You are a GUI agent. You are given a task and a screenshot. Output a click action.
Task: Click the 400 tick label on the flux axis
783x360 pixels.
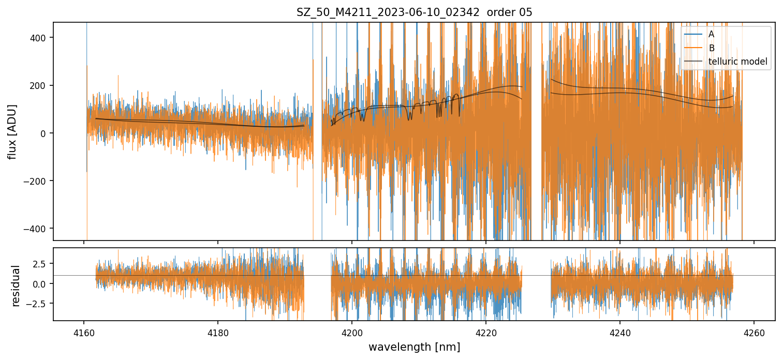tap(40, 38)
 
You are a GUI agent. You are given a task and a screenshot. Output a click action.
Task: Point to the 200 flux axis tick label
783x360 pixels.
tap(40, 85)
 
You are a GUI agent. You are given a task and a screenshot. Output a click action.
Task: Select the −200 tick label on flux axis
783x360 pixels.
tap(37, 181)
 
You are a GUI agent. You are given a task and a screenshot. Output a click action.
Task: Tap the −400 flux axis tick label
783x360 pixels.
tap(37, 229)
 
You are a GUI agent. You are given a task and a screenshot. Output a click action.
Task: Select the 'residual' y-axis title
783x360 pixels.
tap(16, 286)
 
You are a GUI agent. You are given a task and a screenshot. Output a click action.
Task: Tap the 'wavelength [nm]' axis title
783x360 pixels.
tap(414, 347)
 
